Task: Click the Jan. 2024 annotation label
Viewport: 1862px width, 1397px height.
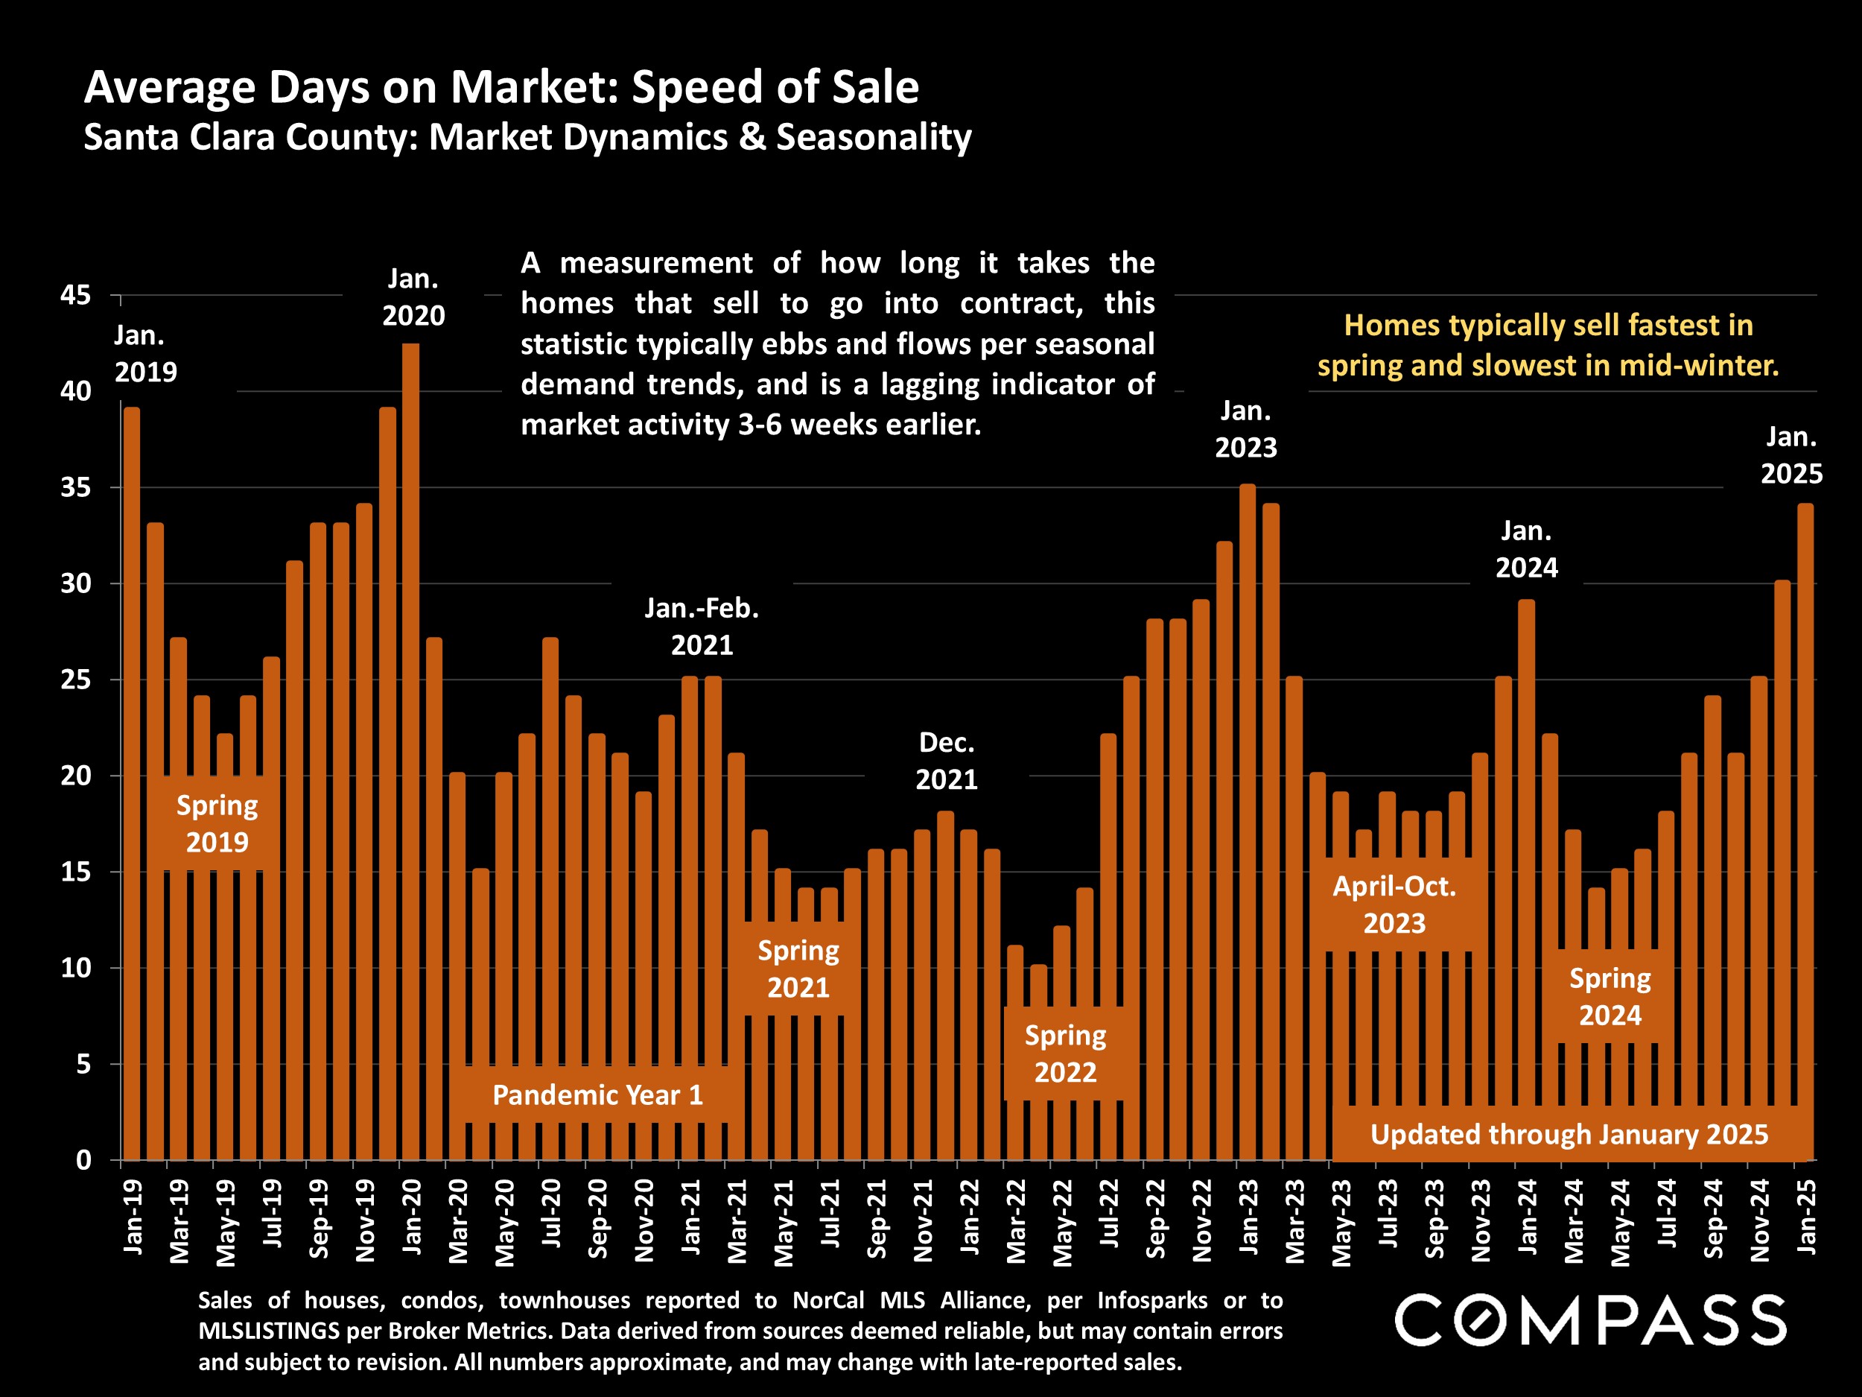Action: click(x=1526, y=550)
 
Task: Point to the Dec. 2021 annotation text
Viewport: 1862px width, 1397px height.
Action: click(x=946, y=761)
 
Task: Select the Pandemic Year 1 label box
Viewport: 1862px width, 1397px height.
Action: click(x=597, y=1095)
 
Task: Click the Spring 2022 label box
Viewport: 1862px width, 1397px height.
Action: click(x=1065, y=1054)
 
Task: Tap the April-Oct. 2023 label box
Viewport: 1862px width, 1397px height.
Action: click(x=1394, y=905)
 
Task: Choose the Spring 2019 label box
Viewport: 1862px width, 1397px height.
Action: click(x=217, y=823)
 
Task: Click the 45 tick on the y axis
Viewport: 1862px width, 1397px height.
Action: click(x=76, y=296)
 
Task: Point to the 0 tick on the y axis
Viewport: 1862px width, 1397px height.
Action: click(x=83, y=1160)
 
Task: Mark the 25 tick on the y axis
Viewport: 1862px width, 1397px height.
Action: click(x=76, y=680)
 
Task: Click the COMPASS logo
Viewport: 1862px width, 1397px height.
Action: click(x=1590, y=1320)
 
